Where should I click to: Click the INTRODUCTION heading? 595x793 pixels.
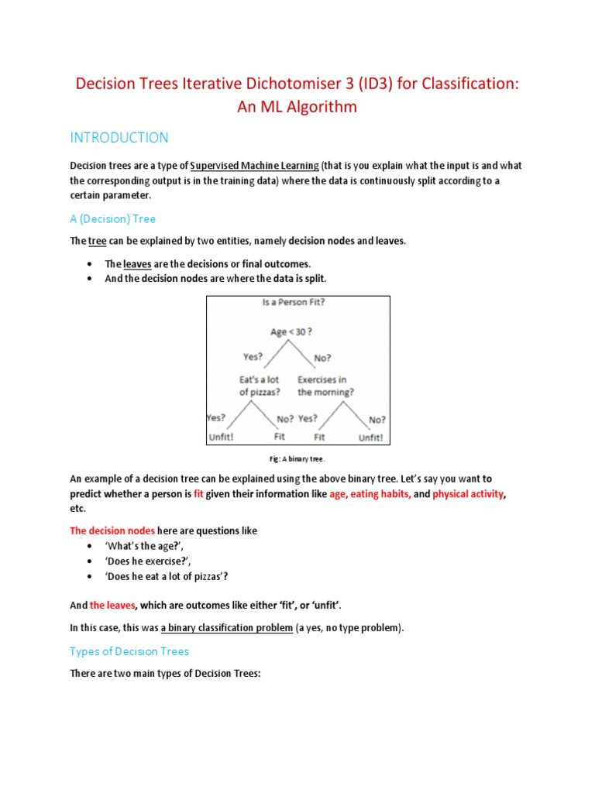[119, 138]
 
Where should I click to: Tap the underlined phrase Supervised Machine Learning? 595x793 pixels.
[254, 165]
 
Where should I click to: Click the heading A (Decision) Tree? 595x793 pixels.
[113, 218]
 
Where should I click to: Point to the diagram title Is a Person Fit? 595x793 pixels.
[294, 302]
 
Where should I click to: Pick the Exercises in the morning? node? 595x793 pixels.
[326, 386]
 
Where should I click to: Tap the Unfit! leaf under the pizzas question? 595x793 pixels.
[221, 437]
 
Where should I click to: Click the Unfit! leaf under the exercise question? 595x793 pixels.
[370, 437]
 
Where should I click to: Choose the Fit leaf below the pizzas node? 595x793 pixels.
[280, 437]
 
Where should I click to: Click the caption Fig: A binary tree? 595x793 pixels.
[297, 458]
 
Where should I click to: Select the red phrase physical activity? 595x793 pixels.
[469, 493]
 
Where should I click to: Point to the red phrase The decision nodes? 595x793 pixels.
[112, 530]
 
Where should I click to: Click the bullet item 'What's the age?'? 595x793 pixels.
[143, 546]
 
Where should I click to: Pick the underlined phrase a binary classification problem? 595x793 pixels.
[227, 628]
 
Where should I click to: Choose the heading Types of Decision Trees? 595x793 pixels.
[129, 651]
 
